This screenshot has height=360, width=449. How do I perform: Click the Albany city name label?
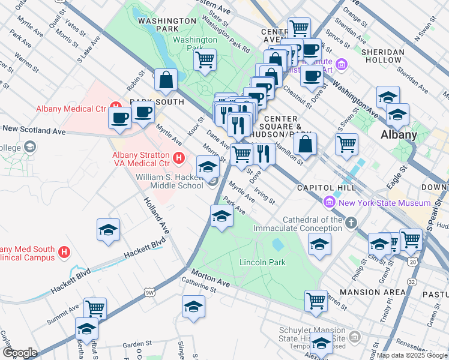399,134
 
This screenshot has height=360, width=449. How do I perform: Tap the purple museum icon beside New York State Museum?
328,203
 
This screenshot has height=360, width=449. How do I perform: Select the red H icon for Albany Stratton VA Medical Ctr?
178,158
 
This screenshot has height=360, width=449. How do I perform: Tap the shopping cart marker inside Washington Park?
205,60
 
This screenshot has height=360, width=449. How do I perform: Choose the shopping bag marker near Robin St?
166,80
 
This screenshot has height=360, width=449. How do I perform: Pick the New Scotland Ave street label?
34,130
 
